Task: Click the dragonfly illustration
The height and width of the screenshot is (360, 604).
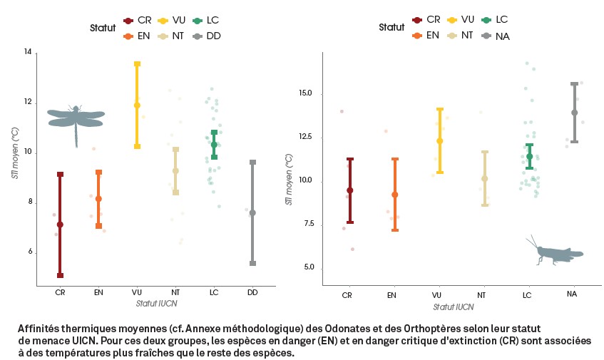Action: click(x=76, y=118)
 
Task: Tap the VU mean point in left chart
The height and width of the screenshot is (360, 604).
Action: click(x=137, y=106)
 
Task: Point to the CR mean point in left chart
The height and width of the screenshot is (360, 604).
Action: click(x=60, y=225)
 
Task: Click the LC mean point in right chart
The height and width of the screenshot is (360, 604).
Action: click(x=529, y=156)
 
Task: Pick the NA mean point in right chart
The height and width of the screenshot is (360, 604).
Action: click(x=574, y=113)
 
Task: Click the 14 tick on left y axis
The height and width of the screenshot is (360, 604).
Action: click(x=29, y=53)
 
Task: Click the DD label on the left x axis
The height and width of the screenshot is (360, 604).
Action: click(x=252, y=292)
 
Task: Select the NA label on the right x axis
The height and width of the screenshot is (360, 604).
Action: click(x=572, y=294)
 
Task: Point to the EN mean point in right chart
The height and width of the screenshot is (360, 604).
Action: click(x=394, y=195)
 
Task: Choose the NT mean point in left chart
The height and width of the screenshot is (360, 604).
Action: click(x=175, y=171)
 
